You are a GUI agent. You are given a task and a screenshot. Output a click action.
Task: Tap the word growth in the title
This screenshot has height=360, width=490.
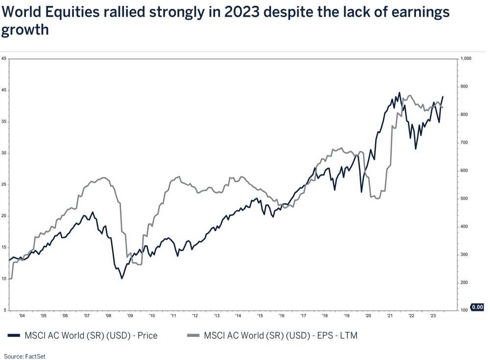click(25, 30)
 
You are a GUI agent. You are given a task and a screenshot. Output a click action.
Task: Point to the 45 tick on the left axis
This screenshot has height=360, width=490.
click(4, 59)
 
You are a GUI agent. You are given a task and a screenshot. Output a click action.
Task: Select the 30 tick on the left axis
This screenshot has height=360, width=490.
click(4, 153)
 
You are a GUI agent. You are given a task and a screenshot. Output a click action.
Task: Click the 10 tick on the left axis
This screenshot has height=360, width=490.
click(4, 279)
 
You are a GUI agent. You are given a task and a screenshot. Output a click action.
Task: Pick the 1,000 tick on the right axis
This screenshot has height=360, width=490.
click(465, 59)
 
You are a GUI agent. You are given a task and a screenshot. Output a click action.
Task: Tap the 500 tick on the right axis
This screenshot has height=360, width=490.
click(464, 199)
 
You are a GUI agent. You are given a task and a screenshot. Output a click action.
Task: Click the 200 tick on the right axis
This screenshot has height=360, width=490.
click(464, 283)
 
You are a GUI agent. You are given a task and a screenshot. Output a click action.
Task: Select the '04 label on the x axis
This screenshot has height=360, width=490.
click(22, 316)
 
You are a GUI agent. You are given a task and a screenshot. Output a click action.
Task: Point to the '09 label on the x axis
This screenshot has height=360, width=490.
click(130, 316)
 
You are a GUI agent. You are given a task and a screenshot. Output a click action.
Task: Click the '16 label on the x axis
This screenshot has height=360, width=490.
click(281, 316)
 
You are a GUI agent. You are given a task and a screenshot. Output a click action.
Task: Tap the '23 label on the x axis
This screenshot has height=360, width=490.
click(433, 316)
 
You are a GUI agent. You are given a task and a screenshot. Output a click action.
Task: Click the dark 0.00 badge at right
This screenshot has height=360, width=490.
click(477, 308)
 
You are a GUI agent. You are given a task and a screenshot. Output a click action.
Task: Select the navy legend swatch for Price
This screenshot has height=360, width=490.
click(14, 336)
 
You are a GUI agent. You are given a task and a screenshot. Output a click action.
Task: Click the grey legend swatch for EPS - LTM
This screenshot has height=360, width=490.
click(194, 336)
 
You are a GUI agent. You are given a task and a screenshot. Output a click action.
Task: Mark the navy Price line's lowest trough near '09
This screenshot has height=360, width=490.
click(122, 279)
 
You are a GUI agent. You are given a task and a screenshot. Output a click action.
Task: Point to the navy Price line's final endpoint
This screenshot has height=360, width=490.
click(443, 97)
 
